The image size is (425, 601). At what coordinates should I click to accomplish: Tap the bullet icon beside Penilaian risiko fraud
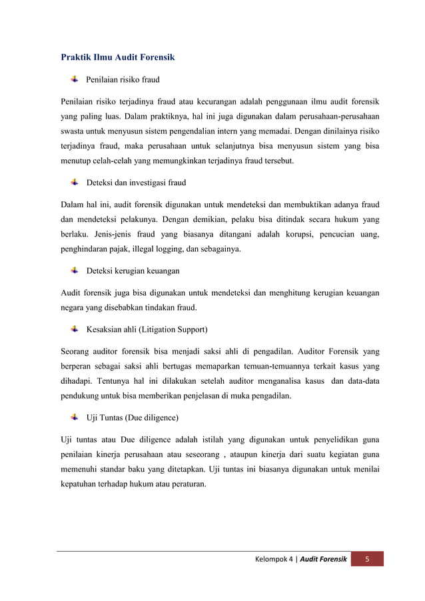point(75,80)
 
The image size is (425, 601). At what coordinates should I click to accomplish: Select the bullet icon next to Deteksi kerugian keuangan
point(75,271)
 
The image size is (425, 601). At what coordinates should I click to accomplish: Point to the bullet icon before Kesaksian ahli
point(75,328)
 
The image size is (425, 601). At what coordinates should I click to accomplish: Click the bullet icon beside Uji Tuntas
point(75,417)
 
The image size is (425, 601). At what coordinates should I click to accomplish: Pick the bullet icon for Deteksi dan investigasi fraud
point(75,182)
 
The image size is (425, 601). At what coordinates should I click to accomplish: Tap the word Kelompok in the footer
point(271,558)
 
